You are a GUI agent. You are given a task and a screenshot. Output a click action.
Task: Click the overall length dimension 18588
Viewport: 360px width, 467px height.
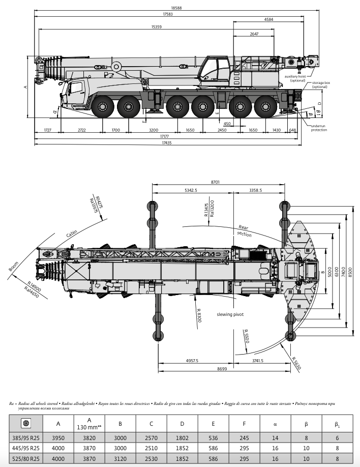[176, 8]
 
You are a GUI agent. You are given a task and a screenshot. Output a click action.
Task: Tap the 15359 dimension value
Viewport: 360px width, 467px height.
[157, 26]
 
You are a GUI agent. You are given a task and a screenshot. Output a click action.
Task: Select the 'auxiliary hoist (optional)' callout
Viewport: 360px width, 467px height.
[298, 78]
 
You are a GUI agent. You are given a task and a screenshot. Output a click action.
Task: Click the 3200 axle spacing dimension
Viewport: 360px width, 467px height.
[154, 130]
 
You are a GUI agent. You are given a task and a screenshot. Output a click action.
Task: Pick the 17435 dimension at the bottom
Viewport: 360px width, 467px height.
[167, 143]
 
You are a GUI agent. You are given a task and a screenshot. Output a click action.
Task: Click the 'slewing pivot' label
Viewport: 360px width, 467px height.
[230, 314]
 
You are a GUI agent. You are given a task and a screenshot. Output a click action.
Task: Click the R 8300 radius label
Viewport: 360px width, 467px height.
[199, 306]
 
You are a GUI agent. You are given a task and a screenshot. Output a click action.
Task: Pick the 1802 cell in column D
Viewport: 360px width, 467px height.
[183, 438]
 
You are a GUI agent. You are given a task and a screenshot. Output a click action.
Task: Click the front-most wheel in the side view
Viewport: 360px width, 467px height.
[103, 107]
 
